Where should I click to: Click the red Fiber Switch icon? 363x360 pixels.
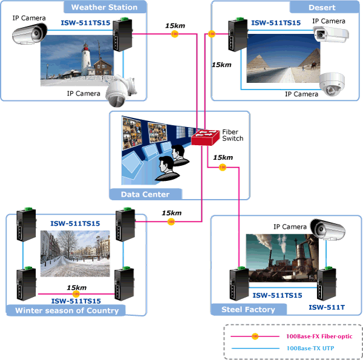pos(206,138)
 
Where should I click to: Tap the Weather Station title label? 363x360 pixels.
pos(104,8)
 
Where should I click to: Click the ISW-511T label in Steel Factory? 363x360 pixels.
pos(327,307)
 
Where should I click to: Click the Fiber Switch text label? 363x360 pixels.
pos(232,135)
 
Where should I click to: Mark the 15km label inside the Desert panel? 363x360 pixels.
pos(221,64)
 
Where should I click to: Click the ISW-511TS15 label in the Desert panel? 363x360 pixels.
pos(275,22)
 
